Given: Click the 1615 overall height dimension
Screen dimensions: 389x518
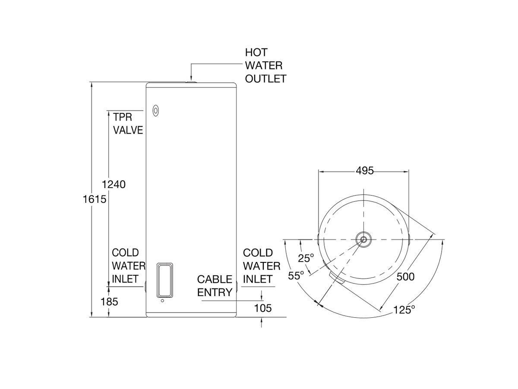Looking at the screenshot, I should tap(95, 200).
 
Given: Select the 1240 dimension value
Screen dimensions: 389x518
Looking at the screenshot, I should tap(114, 185).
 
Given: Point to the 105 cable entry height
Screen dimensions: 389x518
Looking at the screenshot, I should tap(263, 308).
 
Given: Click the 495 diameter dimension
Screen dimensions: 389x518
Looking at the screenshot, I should tap(364, 171).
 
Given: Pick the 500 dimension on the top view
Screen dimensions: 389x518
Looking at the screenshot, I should tap(405, 277).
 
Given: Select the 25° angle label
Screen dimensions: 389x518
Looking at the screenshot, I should tap(306, 258).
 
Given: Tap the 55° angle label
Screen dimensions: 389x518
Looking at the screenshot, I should tap(297, 275).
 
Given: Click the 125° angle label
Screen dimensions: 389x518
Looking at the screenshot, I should tap(404, 309).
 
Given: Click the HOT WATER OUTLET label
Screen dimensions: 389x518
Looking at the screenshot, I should tap(265, 66).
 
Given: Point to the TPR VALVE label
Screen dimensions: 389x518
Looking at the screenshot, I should tap(128, 123).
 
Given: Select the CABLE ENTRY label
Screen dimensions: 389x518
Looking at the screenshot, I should tap(215, 286).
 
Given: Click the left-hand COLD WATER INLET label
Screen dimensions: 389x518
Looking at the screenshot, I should tap(126, 266).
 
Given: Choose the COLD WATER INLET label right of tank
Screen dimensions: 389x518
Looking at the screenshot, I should tap(262, 266).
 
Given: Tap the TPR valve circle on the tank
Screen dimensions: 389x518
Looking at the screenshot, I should tap(155, 111).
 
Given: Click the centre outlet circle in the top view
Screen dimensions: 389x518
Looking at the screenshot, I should tap(363, 239).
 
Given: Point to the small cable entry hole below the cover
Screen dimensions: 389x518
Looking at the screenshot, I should tap(162, 301).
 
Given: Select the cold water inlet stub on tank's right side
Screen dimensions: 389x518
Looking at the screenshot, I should tap(237, 286).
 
